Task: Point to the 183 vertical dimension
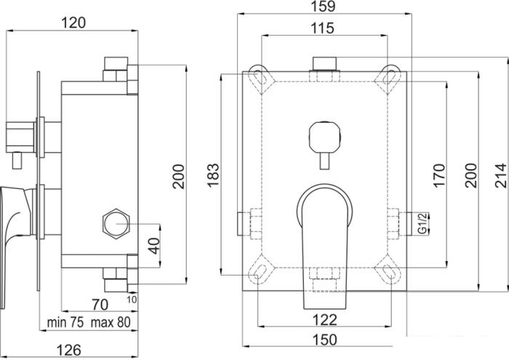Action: point(213,175)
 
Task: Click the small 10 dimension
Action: point(132,299)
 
